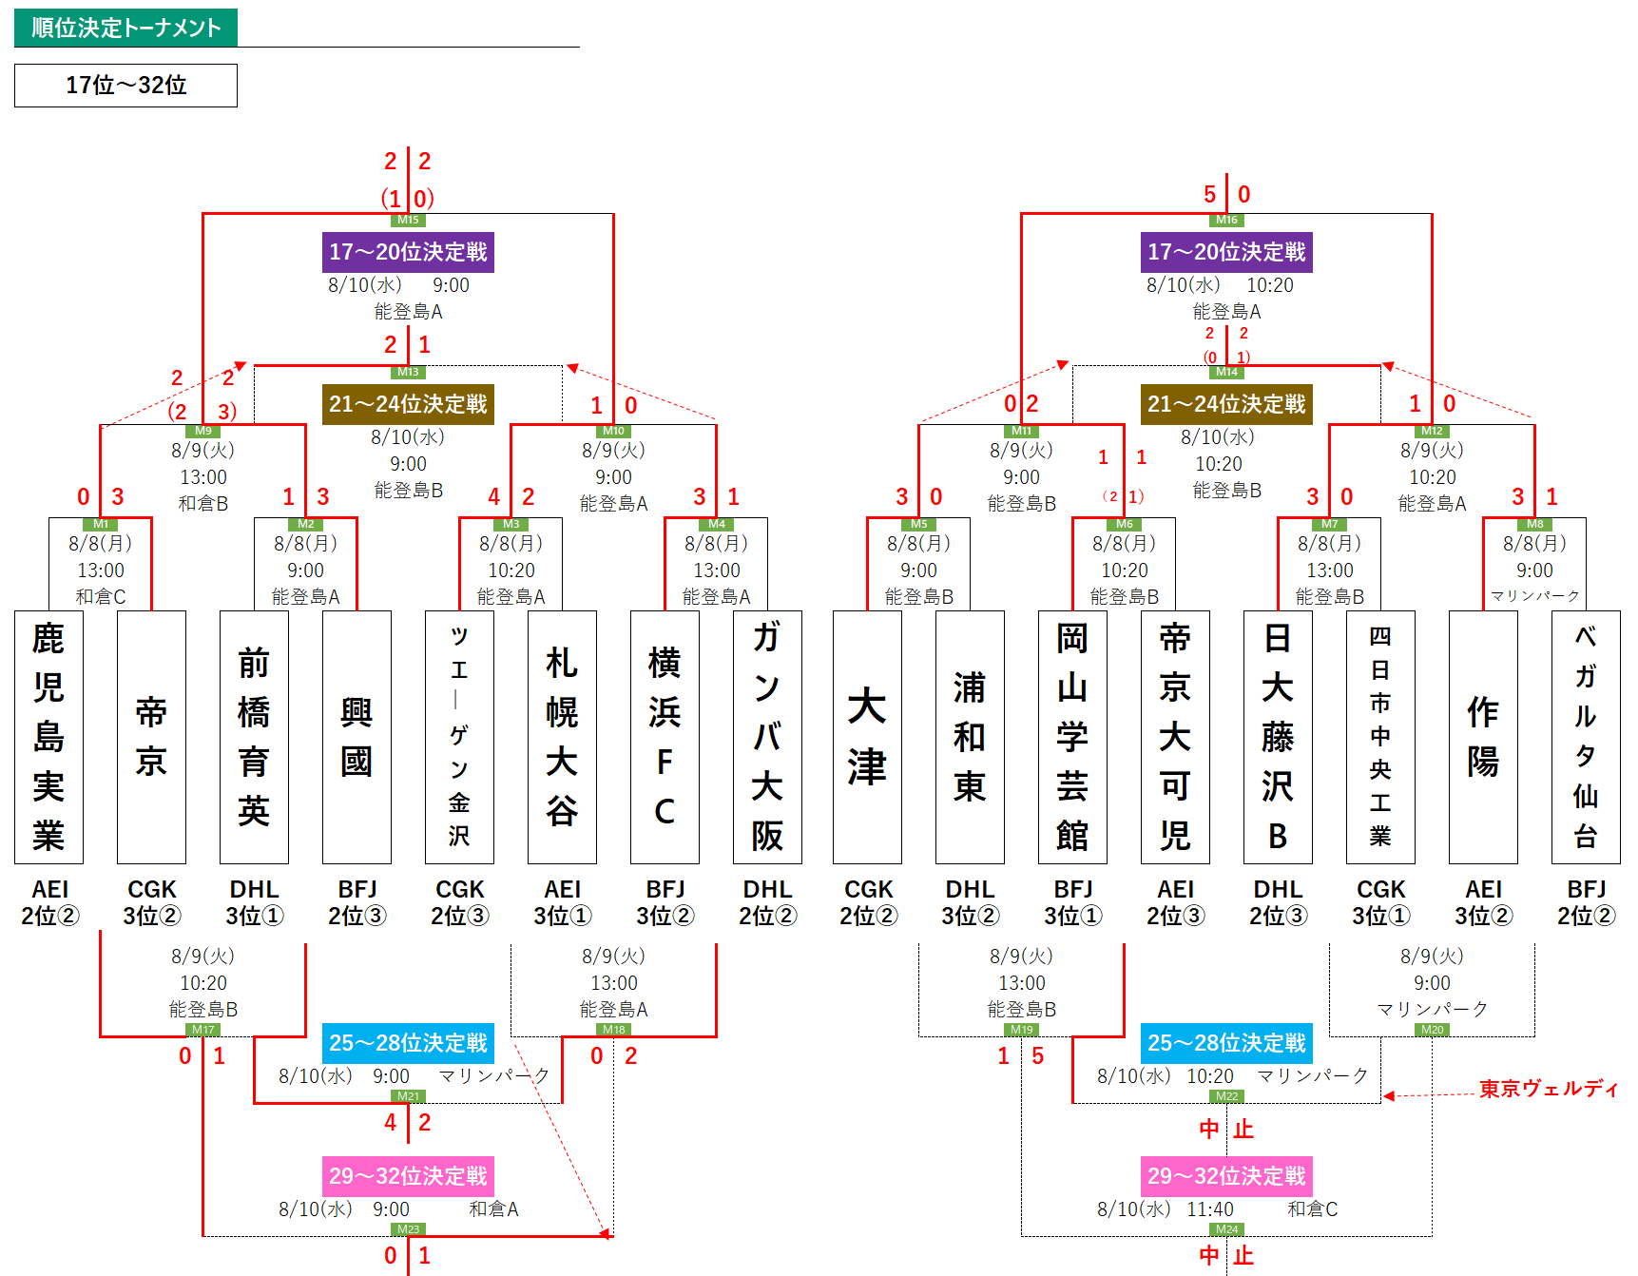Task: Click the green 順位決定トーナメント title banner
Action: [125, 28]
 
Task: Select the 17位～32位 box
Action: [125, 86]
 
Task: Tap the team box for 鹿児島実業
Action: [48, 737]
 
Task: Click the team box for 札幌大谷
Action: [562, 737]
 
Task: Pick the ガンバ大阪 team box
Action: [767, 737]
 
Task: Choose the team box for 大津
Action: [867, 737]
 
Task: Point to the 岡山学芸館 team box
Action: [1072, 737]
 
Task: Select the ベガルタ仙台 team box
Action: [1586, 737]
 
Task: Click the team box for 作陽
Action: [1483, 737]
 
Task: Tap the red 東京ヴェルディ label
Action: [1549, 1089]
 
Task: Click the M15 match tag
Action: [408, 221]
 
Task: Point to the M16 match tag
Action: [1226, 221]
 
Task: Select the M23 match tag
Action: [408, 1229]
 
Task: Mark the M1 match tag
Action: [101, 524]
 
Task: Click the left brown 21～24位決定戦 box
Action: [408, 404]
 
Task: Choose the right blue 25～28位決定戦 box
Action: [1226, 1043]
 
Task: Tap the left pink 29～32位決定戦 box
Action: [408, 1176]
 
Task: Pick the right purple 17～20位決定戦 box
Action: [1226, 252]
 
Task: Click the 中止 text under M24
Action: [1226, 1256]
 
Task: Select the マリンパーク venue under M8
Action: [1534, 596]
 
